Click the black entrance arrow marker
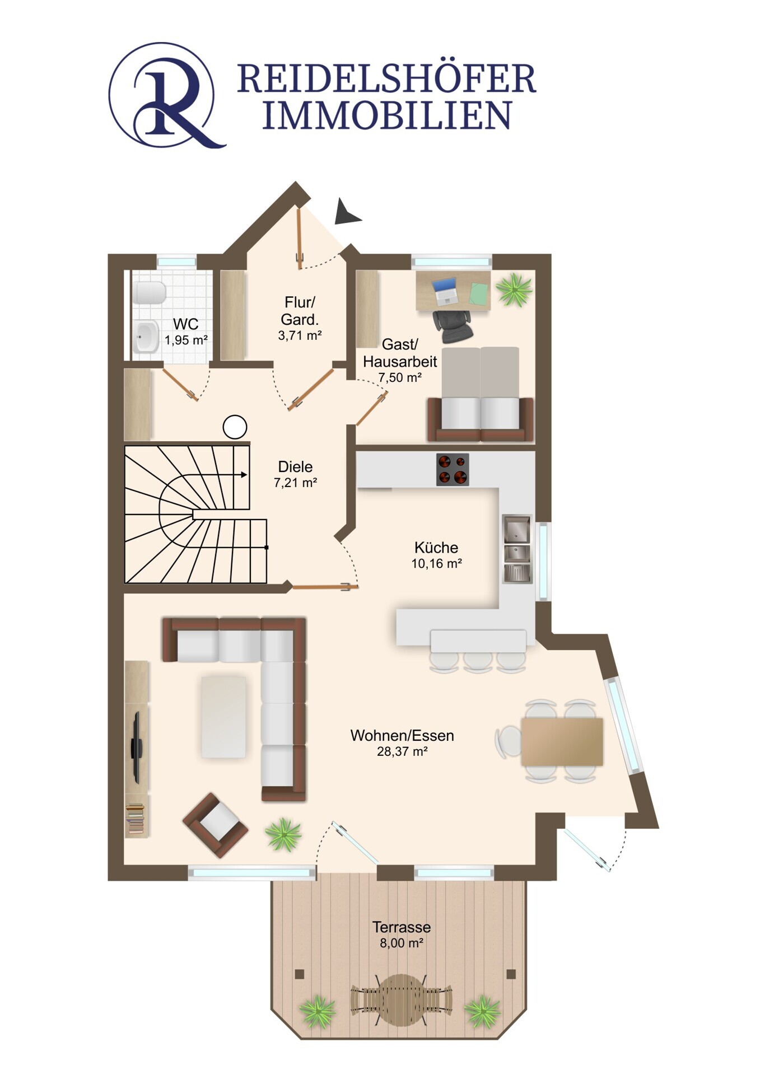347,212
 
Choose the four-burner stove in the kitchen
453,469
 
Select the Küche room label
436,547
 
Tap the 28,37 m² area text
402,751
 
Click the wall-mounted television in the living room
136,747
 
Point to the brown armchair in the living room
216,825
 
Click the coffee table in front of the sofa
223,717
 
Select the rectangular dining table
562,741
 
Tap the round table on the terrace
402,999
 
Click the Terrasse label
402,927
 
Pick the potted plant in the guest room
514,289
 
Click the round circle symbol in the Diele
235,427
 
